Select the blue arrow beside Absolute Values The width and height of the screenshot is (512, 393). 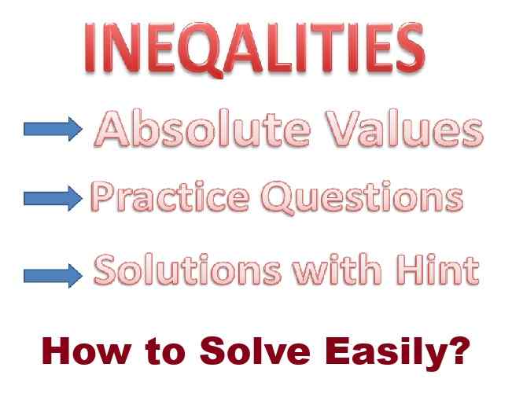(x=52, y=130)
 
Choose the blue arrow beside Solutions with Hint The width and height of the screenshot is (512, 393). (x=52, y=275)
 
